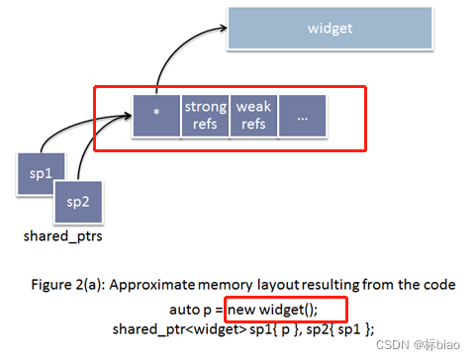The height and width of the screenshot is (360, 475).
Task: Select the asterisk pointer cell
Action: (x=155, y=115)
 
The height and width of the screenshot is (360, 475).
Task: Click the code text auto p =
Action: (x=190, y=308)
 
